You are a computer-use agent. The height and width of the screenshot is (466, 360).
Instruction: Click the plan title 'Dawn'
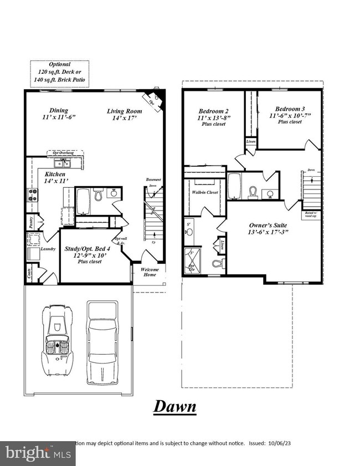coord(174,406)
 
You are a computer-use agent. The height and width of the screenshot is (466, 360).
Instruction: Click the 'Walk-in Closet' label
coord(204,192)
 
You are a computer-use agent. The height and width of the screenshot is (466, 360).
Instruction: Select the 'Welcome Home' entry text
coord(150,272)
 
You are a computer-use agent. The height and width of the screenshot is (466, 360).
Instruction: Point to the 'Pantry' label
coord(30,222)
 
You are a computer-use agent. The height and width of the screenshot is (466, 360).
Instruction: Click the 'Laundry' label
coord(48,249)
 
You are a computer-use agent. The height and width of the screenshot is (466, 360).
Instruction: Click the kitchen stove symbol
coord(31,194)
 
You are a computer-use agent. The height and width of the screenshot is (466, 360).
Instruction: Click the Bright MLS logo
coord(37,453)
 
